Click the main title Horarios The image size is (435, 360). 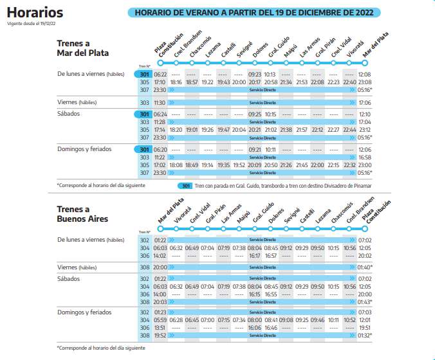[35, 12]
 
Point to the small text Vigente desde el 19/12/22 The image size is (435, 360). [30, 23]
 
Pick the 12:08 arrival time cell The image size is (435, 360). [365, 75]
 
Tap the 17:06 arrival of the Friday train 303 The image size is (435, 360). [365, 103]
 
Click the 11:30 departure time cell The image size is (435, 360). [160, 103]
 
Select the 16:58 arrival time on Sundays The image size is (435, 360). [365, 157]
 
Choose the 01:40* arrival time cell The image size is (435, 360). [365, 267]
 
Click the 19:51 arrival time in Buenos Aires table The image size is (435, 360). [365, 327]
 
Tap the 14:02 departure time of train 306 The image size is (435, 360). [160, 256]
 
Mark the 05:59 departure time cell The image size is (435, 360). [160, 319]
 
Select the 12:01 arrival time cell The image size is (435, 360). [365, 319]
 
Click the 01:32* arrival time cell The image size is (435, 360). [365, 335]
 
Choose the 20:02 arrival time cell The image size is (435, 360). [365, 256]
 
